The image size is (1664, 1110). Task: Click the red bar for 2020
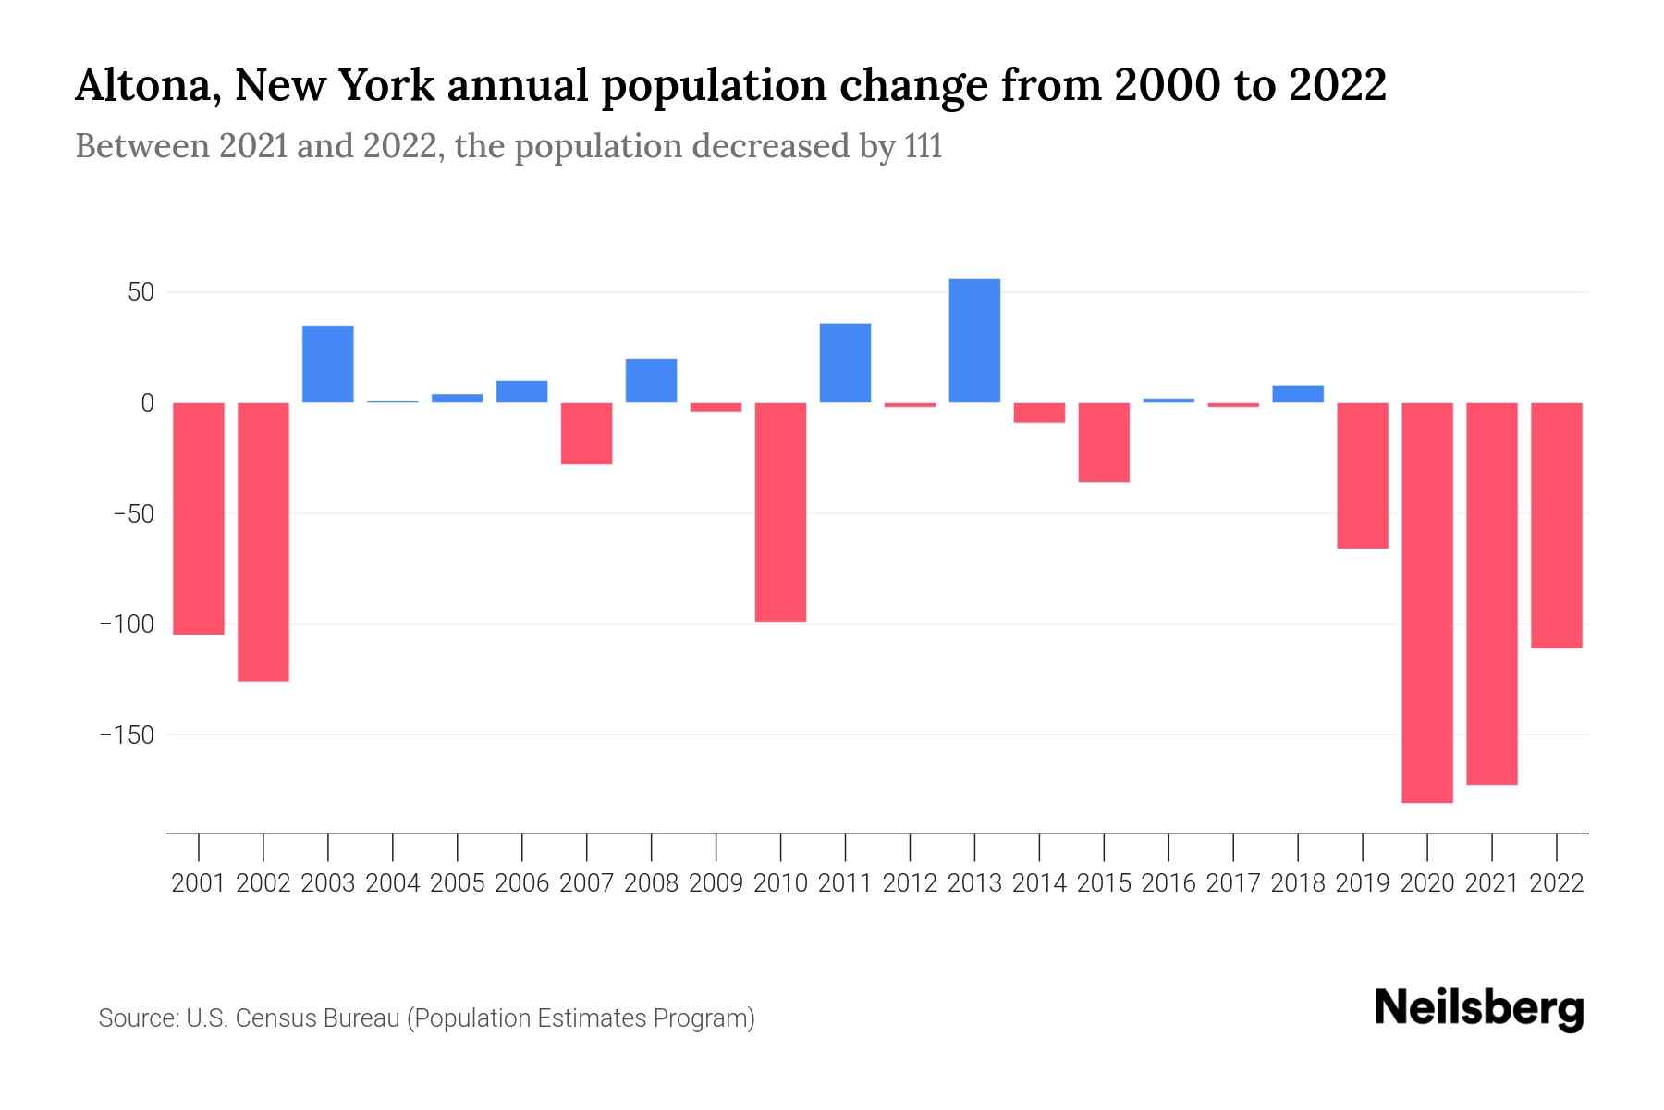click(x=1426, y=602)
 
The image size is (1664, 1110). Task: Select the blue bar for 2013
click(x=974, y=340)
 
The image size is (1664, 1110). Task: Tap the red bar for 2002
click(x=263, y=541)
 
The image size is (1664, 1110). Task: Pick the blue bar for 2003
click(x=328, y=364)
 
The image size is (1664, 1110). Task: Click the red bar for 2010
click(x=780, y=512)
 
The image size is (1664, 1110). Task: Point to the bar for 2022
click(x=1556, y=524)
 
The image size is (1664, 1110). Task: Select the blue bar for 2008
click(x=651, y=380)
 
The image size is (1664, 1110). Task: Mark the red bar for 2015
click(x=1104, y=442)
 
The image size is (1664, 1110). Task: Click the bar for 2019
click(x=1362, y=475)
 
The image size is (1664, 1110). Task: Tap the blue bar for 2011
click(x=845, y=363)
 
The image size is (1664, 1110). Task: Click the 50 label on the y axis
click(x=141, y=293)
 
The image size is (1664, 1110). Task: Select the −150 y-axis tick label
click(x=127, y=735)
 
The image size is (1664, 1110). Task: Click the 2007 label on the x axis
click(x=586, y=883)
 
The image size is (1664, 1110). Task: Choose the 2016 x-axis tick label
click(x=1168, y=883)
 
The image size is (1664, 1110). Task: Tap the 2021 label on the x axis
click(x=1491, y=883)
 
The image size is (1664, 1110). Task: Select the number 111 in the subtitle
click(x=923, y=146)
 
